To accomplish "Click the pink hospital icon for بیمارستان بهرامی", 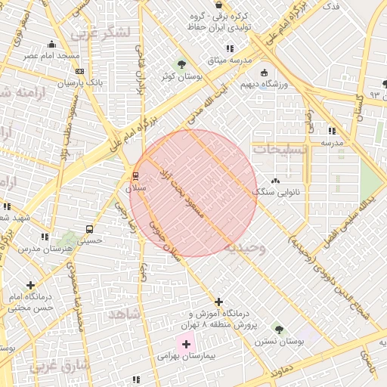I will pyautogui.click(x=186, y=344).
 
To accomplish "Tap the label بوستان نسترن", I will pyautogui.click(x=300, y=342).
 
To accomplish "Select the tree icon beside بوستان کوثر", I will pyautogui.click(x=181, y=64).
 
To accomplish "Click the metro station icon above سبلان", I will pyautogui.click(x=136, y=177).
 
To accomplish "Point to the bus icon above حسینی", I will pyautogui.click(x=90, y=229).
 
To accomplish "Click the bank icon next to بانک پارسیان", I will pyautogui.click(x=79, y=71).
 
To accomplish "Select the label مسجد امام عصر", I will pyautogui.click(x=51, y=56).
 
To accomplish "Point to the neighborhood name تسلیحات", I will pyautogui.click(x=280, y=150).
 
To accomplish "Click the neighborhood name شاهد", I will pyautogui.click(x=124, y=314).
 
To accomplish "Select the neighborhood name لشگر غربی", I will pyautogui.click(x=101, y=33).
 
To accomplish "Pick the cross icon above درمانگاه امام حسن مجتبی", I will pyautogui.click(x=30, y=285).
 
